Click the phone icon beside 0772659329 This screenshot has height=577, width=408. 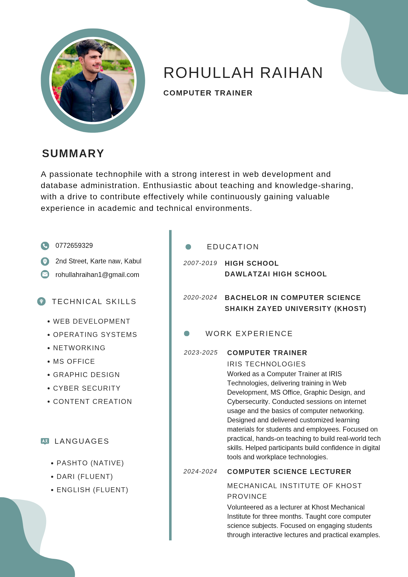click(x=45, y=246)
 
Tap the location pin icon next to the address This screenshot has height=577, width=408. click(x=45, y=261)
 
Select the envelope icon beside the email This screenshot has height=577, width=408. click(x=45, y=274)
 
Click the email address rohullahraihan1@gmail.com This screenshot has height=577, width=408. click(x=97, y=275)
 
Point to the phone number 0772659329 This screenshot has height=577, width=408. click(x=74, y=246)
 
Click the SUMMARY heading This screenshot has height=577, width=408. click(x=73, y=153)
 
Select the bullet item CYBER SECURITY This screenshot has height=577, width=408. click(x=87, y=388)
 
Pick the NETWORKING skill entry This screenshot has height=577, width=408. click(x=79, y=348)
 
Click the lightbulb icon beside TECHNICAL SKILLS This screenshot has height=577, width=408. click(x=42, y=301)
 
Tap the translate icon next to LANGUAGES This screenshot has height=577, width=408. click(x=45, y=441)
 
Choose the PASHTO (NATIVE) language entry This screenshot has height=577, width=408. click(x=90, y=463)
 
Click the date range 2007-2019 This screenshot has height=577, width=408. click(x=200, y=263)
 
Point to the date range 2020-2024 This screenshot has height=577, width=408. click(x=200, y=297)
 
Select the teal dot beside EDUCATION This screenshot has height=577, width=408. click(x=188, y=247)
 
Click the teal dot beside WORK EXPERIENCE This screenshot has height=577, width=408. click(x=187, y=334)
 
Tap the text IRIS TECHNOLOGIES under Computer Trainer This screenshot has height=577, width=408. click(x=266, y=364)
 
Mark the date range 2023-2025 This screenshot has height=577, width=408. click(x=201, y=353)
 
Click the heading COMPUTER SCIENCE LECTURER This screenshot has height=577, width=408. click(x=289, y=472)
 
